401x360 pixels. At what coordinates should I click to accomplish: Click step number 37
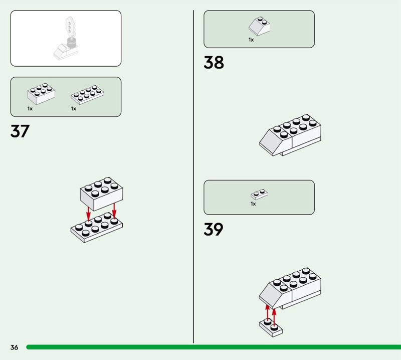click(x=20, y=131)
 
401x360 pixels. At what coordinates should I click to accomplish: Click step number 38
click(x=214, y=62)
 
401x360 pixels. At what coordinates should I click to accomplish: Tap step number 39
click(x=214, y=229)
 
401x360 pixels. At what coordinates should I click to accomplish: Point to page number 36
click(x=14, y=347)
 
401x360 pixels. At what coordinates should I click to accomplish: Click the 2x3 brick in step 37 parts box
click(x=41, y=94)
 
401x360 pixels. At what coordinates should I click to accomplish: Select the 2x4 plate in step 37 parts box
click(x=87, y=95)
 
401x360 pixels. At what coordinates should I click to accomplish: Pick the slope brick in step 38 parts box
click(x=259, y=26)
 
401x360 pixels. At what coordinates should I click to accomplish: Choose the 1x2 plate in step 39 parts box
click(x=259, y=195)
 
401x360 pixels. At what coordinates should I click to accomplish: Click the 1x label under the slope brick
click(x=251, y=40)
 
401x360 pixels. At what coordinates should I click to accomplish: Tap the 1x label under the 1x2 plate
click(x=253, y=204)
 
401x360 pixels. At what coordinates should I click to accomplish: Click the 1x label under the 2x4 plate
click(x=73, y=109)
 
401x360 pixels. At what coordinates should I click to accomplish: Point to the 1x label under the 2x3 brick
click(x=30, y=109)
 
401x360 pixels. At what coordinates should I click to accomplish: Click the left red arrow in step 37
click(x=88, y=214)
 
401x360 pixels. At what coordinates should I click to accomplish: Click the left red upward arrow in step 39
click(x=267, y=313)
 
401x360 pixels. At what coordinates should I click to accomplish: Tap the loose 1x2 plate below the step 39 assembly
click(x=271, y=328)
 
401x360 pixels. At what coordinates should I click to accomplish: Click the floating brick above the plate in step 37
click(x=102, y=194)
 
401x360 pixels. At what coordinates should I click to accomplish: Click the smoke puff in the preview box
click(x=69, y=27)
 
